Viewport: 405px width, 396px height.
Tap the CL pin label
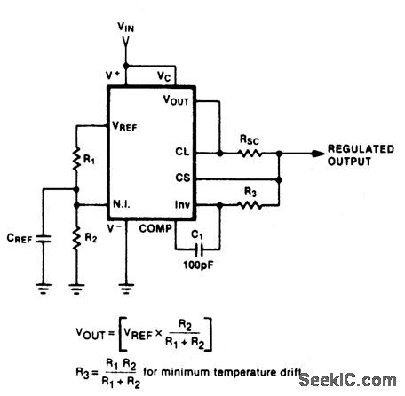click(x=181, y=152)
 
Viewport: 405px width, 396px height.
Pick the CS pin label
click(x=181, y=178)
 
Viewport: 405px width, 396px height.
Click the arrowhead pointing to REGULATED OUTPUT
click(x=317, y=153)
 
